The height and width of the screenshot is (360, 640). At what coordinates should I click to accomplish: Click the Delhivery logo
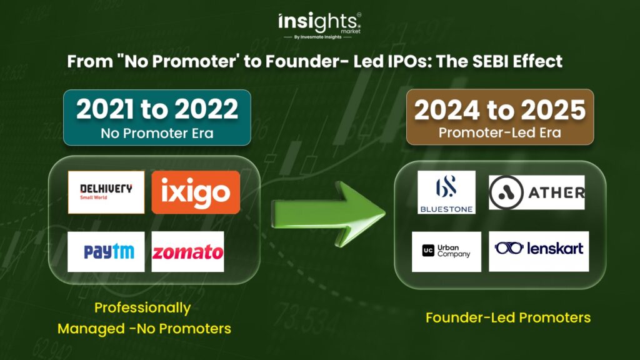106,192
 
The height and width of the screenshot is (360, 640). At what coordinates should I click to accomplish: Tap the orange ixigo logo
196,192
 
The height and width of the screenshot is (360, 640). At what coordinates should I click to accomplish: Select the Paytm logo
106,252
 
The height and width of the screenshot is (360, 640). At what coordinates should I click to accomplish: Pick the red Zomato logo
187,252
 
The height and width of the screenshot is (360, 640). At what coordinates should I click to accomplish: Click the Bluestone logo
446,192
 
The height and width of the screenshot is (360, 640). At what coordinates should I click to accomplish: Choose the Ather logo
537,192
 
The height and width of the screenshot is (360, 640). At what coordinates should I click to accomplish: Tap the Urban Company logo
446,252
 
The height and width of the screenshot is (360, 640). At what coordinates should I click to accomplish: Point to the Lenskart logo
539,251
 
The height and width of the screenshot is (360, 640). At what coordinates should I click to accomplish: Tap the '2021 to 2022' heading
157,109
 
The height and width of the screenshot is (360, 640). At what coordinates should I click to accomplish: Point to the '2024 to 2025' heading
500,110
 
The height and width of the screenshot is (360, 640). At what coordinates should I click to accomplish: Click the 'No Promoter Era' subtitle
157,134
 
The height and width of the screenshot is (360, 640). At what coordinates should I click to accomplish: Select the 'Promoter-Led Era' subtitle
500,132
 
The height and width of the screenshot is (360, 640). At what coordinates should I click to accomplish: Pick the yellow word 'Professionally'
142,308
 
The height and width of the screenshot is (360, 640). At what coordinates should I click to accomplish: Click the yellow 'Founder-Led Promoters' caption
508,317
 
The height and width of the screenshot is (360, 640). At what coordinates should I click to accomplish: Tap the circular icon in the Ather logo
506,192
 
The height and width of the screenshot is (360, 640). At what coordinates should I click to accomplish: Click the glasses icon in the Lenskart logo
509,247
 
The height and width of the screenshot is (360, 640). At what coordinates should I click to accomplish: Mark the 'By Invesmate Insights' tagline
317,37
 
